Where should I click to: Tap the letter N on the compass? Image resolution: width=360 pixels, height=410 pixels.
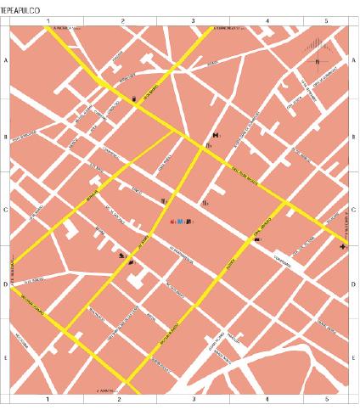click(318, 62)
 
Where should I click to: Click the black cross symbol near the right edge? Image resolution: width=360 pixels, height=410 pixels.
click(342, 246)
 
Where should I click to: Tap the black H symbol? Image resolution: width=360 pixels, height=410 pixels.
click(217, 135)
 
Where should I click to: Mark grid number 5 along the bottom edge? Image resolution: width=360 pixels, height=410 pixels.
click(327, 398)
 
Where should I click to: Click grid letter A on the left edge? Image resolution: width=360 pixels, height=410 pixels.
click(6, 62)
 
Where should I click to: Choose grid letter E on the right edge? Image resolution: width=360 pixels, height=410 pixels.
click(352, 358)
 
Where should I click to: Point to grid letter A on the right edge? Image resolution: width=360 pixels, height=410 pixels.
click(352, 62)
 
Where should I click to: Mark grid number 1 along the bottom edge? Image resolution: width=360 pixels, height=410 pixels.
click(48, 398)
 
